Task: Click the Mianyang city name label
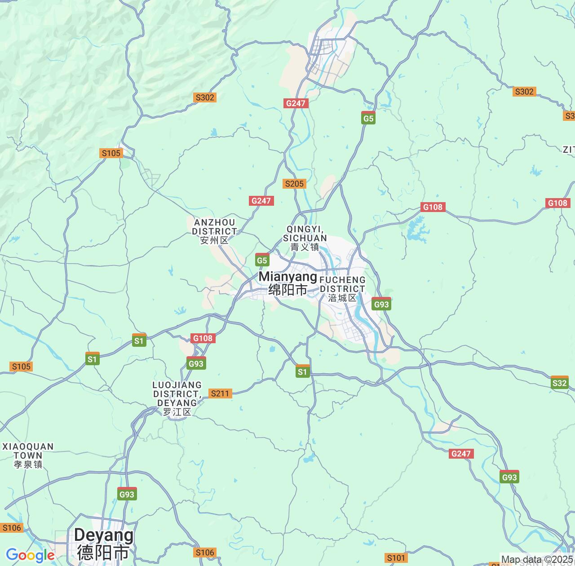pos(288,283)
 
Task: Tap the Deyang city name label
pos(104,544)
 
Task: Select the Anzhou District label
pos(214,231)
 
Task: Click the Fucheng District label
pos(342,288)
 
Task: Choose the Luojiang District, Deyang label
pos(177,398)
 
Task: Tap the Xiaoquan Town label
pos(28,455)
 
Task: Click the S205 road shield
pos(294,183)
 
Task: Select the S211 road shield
pos(220,394)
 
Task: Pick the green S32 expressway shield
pos(559,383)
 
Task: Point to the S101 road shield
pos(396,558)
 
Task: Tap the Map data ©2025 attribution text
pos(537,560)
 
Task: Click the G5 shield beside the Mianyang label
pos(262,260)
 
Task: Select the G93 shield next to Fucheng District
pos(381,304)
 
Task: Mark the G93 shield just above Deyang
pos(127,494)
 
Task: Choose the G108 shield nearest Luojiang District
pos(203,338)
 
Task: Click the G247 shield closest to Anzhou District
pos(261,201)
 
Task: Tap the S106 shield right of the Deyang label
pos(205,553)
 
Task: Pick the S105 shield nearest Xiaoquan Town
pos(21,367)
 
